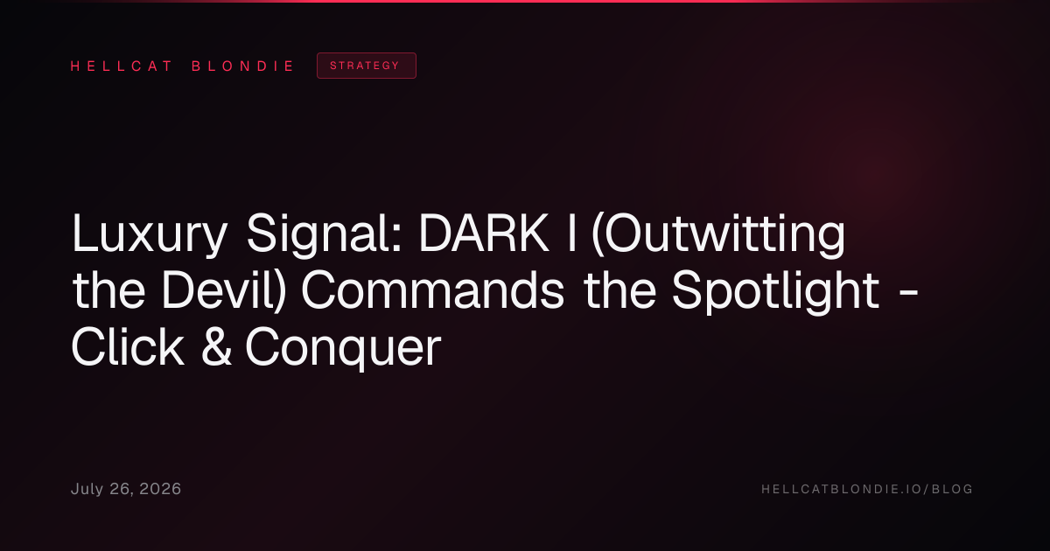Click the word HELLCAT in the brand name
click(122, 66)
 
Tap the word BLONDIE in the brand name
click(242, 66)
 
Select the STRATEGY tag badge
click(367, 66)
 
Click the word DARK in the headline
click(484, 233)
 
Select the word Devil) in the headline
click(224, 290)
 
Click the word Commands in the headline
click(433, 291)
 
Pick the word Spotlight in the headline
click(776, 291)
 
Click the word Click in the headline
click(128, 347)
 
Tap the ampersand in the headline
click(216, 347)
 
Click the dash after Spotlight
click(909, 294)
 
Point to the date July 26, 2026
click(126, 489)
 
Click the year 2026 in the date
click(160, 489)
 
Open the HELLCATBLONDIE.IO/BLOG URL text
click(867, 489)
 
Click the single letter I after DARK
click(571, 233)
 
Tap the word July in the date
click(87, 490)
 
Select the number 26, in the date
click(122, 490)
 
